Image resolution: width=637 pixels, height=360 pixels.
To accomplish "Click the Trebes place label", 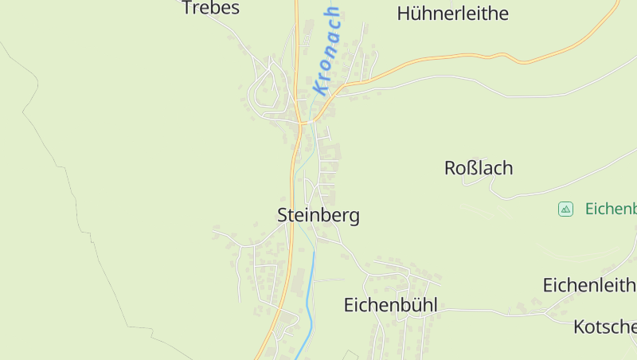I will coord(210,8).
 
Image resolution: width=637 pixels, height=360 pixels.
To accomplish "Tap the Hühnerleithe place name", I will coord(452,14).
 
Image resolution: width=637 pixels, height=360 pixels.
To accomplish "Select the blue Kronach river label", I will coord(327,51).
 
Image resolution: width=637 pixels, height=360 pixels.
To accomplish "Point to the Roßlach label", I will coord(479,168).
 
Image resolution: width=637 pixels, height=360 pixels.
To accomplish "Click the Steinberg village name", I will coord(318,215).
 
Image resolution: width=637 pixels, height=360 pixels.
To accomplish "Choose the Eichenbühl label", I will coord(390,304).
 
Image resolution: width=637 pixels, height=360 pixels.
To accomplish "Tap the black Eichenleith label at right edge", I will coord(589,284).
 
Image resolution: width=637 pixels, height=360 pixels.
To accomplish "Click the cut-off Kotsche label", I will coord(604,327).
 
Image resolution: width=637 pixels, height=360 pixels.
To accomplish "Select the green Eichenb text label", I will coord(611,209).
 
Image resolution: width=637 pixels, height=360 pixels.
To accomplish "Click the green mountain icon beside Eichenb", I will coord(565,209).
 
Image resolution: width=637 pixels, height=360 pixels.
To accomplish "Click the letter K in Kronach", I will coord(320,88).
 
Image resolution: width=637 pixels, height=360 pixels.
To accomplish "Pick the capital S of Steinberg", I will coord(283,215).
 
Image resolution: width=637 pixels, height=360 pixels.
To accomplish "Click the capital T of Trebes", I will coord(188,8).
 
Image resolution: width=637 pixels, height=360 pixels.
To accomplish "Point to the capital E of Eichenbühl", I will coord(350,304).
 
